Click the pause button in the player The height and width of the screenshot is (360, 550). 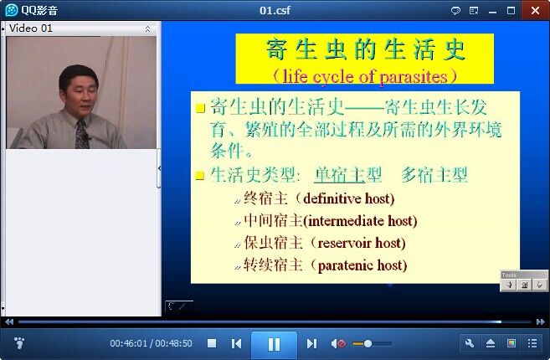tap(274, 344)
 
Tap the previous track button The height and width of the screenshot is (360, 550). tap(236, 343)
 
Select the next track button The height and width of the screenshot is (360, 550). tap(311, 343)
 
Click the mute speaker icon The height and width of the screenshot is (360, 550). tap(338, 343)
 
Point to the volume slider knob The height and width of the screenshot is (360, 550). tap(368, 343)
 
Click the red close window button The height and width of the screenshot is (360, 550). tap(535, 10)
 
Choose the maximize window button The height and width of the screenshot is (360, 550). tap(511, 11)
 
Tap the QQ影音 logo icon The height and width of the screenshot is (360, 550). tap(12, 10)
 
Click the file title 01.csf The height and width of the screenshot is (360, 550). tap(275, 10)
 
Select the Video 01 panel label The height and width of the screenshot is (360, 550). tap(31, 28)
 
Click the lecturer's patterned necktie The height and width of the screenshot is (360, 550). tap(82, 134)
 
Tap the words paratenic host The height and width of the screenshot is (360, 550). tap(361, 265)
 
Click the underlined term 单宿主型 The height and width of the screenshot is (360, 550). tap(347, 174)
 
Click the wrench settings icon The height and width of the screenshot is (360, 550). tap(470, 343)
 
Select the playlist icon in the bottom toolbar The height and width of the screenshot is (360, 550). tap(532, 343)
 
